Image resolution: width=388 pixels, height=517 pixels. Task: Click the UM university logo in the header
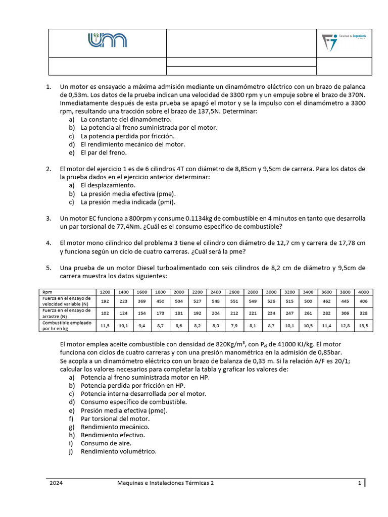[x=108, y=41]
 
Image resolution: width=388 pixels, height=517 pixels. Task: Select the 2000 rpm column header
[x=179, y=292]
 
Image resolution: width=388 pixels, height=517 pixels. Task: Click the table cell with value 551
[x=234, y=301]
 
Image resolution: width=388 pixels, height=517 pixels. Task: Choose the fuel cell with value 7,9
[x=234, y=326]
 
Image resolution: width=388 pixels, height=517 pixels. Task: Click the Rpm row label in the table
[x=47, y=292]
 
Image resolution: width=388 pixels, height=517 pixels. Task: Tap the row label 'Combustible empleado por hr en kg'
[x=67, y=326]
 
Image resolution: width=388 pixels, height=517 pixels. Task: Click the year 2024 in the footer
[x=57, y=483]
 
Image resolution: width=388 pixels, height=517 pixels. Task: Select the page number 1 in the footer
[x=359, y=483]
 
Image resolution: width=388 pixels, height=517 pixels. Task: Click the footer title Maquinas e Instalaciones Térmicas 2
[x=166, y=483]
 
